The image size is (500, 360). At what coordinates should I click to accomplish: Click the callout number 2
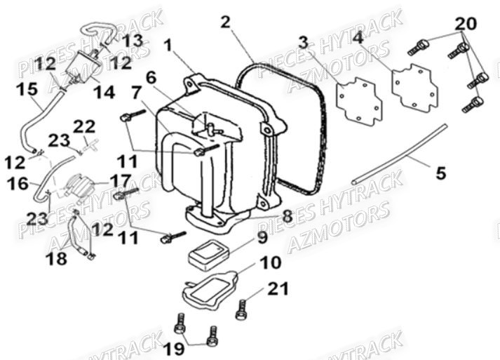tap(225, 22)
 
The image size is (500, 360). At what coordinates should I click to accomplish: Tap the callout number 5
tap(440, 173)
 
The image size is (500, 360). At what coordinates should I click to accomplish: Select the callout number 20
tap(466, 24)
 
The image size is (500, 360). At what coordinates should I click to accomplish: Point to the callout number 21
tap(278, 288)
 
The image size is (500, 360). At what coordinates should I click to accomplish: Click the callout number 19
tap(175, 349)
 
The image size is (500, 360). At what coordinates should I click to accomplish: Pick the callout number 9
tap(262, 238)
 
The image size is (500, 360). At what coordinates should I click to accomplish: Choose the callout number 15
tap(27, 89)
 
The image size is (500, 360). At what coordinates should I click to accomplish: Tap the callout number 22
tap(84, 126)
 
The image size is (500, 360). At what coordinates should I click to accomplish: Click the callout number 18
tap(57, 258)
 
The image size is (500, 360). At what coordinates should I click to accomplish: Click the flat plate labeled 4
tap(415, 88)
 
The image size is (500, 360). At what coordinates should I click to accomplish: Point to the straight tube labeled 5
tap(399, 154)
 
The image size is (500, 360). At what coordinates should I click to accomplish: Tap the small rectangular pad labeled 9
tap(209, 256)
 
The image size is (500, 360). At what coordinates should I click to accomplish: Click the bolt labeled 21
tap(241, 309)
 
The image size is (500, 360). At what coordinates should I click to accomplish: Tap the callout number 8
tap(287, 217)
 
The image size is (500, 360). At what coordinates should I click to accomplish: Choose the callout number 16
tap(18, 184)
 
